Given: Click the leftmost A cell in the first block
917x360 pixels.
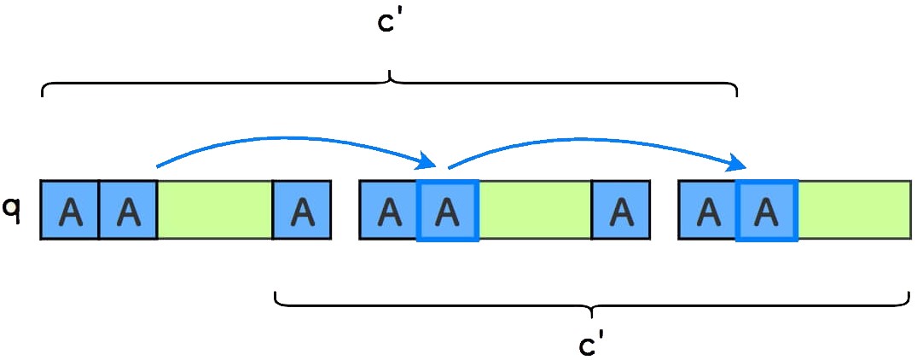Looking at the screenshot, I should [70, 210].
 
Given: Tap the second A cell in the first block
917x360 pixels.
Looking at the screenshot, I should [128, 210].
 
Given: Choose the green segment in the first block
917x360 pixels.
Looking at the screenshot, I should [215, 210].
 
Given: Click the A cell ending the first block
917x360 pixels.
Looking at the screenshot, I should [301, 210].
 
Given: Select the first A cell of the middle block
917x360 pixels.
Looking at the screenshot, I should [389, 210].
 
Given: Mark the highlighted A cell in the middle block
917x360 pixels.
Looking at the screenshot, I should [448, 210].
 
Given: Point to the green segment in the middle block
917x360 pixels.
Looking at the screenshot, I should [535, 210].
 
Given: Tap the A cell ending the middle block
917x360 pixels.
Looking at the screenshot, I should [621, 210].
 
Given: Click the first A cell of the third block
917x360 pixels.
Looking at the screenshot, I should [708, 210].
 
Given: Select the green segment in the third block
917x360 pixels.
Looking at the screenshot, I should [854, 210].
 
